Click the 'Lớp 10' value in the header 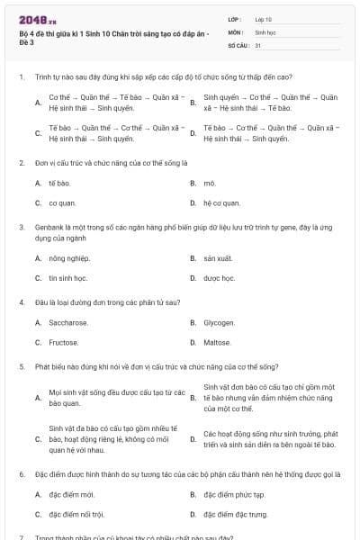click(x=264, y=18)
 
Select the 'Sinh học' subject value click(x=265, y=31)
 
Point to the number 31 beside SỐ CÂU click(x=258, y=43)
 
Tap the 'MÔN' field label click(x=236, y=31)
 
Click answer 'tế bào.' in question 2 click(x=59, y=183)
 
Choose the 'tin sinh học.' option click(x=67, y=278)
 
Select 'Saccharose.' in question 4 click(x=68, y=322)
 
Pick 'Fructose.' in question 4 click(x=64, y=342)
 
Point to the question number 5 click(x=21, y=367)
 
